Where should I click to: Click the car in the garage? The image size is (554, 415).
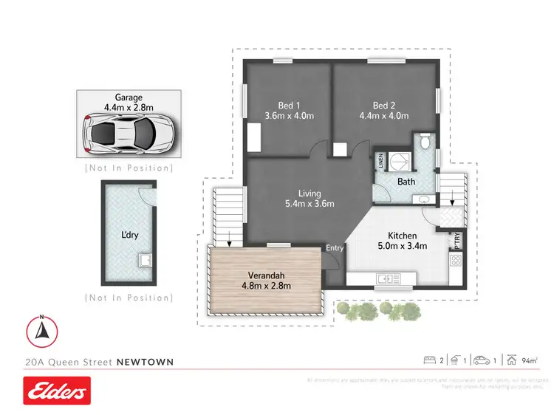(129, 134)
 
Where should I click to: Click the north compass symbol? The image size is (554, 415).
(43, 329)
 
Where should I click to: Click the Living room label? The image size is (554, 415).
(310, 193)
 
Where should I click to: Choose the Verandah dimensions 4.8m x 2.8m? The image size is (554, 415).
(267, 286)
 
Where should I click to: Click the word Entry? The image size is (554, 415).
(335, 248)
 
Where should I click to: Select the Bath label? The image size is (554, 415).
(406, 181)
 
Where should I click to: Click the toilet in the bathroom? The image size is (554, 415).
(424, 142)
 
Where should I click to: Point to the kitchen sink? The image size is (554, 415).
(386, 278)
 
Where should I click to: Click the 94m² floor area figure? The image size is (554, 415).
(530, 360)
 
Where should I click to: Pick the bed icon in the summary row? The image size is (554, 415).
(428, 360)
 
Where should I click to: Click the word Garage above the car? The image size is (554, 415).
(129, 97)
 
